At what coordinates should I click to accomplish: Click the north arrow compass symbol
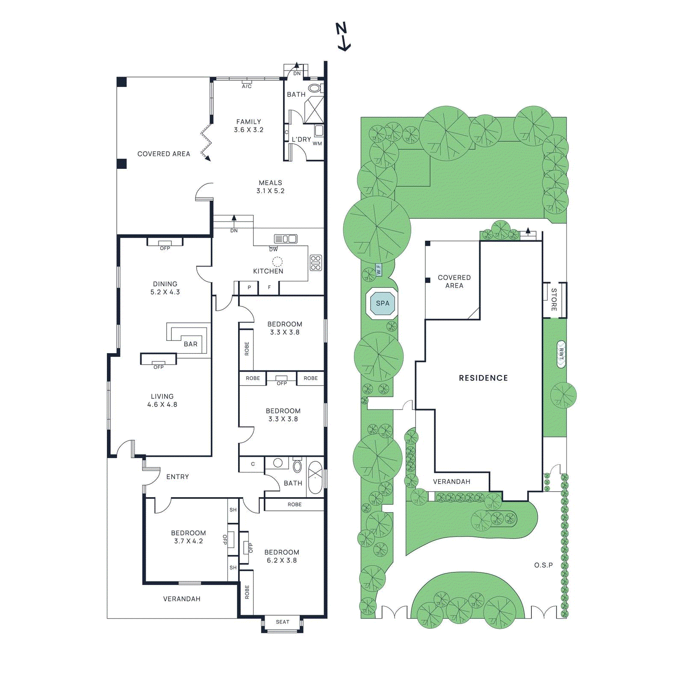click(342, 37)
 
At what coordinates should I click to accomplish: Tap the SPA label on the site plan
click(383, 303)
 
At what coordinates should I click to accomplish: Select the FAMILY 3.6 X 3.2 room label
click(248, 126)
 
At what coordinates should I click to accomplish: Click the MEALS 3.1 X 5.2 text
click(270, 187)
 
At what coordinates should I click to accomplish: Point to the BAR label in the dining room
click(191, 344)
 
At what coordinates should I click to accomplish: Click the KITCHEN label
click(268, 271)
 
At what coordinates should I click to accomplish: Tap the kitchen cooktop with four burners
click(316, 262)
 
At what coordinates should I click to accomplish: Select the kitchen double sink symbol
click(286, 239)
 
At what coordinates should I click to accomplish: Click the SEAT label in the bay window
click(282, 622)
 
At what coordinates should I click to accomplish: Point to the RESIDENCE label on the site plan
click(483, 378)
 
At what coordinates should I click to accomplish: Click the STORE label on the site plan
click(554, 299)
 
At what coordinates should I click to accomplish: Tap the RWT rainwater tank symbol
click(561, 354)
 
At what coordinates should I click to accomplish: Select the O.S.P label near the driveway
click(543, 565)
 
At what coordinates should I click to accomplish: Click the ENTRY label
click(177, 477)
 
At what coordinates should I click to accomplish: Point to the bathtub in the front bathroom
click(315, 478)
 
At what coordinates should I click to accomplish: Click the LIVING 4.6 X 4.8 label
click(162, 401)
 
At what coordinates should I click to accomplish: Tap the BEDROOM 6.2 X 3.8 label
click(282, 556)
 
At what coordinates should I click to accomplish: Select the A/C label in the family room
click(247, 86)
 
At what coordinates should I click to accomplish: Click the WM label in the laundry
click(317, 144)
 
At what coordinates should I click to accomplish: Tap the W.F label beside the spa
click(379, 269)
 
